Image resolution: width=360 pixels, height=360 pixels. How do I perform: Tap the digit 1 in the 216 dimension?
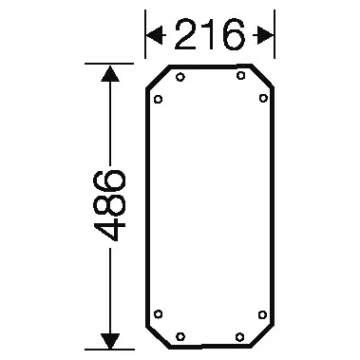tap(209, 34)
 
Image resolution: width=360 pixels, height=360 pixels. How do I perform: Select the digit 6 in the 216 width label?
tap(234, 34)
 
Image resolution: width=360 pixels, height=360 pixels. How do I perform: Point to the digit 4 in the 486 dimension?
tap(110, 226)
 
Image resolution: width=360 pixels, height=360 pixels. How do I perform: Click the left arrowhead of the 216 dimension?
tap(156, 35)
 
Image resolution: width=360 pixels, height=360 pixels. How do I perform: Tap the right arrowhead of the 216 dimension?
tap(263, 35)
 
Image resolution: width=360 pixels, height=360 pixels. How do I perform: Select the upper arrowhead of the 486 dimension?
tap(110, 73)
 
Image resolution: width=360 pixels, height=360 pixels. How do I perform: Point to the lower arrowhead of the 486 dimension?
tap(110, 341)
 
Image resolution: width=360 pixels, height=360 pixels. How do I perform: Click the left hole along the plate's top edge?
tap(180, 77)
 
